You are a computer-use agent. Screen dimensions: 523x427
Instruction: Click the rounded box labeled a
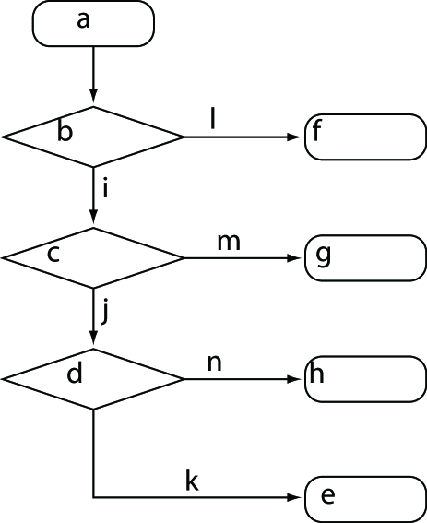93,23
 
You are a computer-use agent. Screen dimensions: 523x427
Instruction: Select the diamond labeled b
93,137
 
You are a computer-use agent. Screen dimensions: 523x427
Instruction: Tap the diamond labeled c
93,257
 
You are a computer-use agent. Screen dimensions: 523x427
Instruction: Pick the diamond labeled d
93,378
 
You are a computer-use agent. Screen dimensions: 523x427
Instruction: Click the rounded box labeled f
364,137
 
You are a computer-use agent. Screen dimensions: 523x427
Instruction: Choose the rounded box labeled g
364,257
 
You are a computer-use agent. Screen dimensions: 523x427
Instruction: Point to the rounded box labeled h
364,378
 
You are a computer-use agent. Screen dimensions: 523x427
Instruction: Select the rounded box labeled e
364,498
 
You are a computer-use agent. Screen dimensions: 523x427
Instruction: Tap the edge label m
228,242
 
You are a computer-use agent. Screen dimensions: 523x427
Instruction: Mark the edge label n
215,363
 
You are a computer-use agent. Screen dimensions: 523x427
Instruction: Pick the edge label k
192,481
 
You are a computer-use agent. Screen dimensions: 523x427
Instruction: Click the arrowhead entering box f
297,137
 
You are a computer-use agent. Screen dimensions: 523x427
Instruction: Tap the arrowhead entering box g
297,257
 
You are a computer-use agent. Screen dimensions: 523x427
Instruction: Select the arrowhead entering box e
297,498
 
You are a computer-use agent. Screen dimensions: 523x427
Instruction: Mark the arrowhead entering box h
297,378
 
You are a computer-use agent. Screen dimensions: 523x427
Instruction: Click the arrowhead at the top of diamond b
93,99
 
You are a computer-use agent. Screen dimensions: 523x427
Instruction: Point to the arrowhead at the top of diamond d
93,341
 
